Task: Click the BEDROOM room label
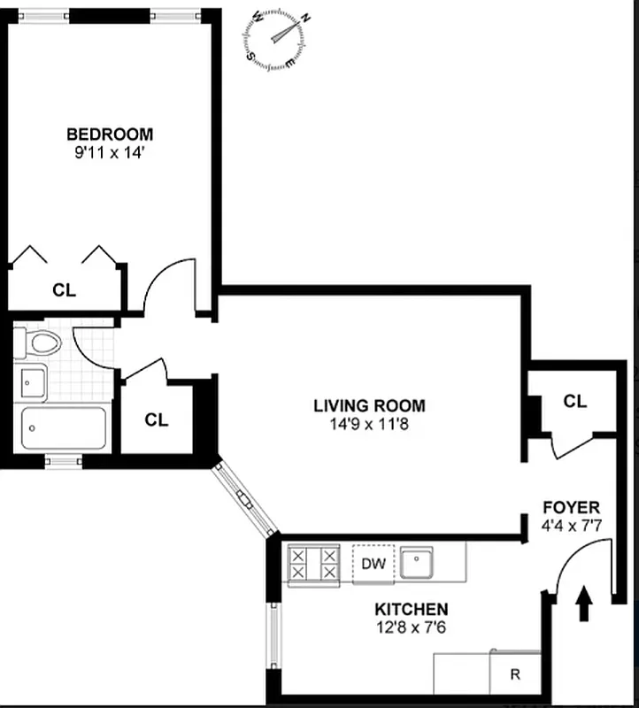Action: (110, 135)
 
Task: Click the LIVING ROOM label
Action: (369, 406)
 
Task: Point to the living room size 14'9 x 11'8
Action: (369, 423)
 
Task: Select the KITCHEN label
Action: (411, 610)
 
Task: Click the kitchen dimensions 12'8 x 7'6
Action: (411, 627)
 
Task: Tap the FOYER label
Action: (571, 508)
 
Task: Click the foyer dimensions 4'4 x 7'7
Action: (571, 525)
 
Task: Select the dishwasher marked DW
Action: (375, 564)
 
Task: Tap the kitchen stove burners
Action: (314, 564)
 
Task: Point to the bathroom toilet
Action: (41, 342)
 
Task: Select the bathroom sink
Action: (34, 382)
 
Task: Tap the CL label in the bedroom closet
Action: (64, 289)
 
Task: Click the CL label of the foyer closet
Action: (575, 402)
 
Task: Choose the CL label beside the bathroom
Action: (157, 420)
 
